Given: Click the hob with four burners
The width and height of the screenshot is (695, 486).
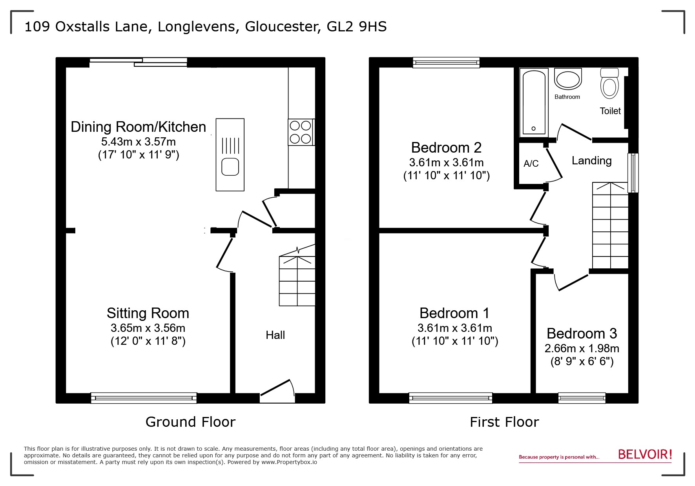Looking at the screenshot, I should coord(301,132).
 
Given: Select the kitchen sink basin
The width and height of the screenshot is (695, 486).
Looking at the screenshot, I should coord(230,167).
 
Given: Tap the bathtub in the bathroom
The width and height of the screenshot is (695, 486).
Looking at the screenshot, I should coord(533,102).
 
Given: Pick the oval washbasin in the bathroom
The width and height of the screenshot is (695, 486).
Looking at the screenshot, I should coord(567,80).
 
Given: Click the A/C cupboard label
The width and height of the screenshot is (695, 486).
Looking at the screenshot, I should coord(531,164).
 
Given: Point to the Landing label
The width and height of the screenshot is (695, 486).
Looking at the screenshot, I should coord(591,160).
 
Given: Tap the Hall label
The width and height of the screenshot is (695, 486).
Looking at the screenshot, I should coord(275,335).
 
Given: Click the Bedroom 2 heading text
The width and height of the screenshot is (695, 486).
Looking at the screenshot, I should coord(446,147).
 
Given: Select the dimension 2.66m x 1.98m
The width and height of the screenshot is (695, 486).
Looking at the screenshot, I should coord(582,348).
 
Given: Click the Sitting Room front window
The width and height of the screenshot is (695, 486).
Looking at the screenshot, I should coord(144,398).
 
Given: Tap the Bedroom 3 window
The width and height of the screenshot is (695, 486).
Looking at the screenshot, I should coord(582,398).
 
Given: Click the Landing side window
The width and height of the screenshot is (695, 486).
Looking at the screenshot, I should coord(633,173).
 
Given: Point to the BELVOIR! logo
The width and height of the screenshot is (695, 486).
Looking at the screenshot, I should coord(645,455).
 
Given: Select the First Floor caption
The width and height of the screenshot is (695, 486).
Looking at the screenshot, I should coord(504,422).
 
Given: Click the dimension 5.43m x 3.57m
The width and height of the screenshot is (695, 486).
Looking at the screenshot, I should coord(138,142).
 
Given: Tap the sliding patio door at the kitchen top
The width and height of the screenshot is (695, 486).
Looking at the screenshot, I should coord(138,62).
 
